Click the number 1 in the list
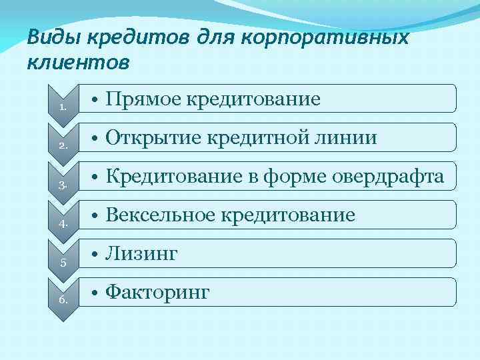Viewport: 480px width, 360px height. point(61,107)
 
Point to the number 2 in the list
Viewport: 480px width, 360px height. point(61,145)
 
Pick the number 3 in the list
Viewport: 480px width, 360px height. point(61,184)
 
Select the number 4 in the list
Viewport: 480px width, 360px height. point(61,223)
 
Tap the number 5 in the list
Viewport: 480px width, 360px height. point(61,262)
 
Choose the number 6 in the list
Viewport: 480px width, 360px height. point(61,301)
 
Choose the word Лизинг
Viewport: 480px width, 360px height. point(141,254)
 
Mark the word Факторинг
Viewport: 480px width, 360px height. point(158,293)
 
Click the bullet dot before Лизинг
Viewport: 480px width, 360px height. point(97,255)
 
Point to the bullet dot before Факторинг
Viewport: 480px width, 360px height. point(97,293)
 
